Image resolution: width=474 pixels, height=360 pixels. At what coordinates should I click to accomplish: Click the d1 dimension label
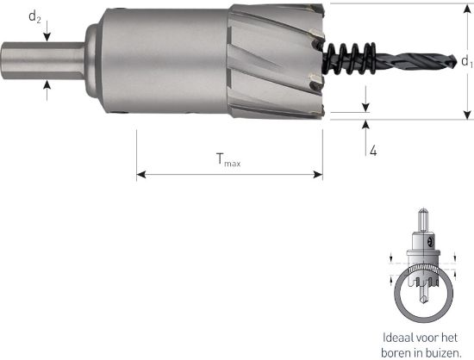point(466,61)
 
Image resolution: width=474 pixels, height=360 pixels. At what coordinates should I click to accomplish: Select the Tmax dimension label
point(228,158)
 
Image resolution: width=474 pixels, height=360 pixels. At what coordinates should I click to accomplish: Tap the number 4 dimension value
point(372,151)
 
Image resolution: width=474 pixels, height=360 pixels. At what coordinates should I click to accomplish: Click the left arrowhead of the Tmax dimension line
point(140,175)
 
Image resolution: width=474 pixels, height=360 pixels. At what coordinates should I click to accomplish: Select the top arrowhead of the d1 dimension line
point(466,9)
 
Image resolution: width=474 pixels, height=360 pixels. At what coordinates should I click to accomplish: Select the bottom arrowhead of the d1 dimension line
point(466,115)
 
